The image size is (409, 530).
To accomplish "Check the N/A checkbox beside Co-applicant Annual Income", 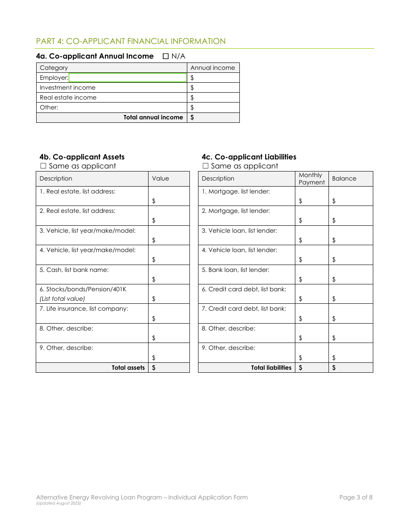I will (166, 56).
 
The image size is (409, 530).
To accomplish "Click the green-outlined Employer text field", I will (127, 78).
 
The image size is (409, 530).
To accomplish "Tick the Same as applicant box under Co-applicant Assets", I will (43, 166).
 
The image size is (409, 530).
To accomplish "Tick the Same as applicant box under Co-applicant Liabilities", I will (205, 166).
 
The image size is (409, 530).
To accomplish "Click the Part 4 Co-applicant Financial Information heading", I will (131, 41).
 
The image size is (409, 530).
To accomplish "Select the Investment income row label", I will (68, 87).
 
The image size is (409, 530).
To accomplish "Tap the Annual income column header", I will (213, 68).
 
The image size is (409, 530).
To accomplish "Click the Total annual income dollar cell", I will (213, 117).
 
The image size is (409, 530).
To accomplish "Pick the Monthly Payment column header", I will (311, 178).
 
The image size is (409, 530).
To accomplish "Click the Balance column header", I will (344, 178).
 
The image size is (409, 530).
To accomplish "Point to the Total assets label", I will (128, 368).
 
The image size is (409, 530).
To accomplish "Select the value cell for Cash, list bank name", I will (169, 274).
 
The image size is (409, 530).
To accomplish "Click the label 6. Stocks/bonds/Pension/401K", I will (83, 289).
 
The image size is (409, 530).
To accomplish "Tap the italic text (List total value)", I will (62, 299).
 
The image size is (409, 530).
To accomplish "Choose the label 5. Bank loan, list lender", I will (235, 270).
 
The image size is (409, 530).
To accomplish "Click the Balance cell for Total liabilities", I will (350, 368).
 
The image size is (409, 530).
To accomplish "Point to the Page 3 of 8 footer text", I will (356, 497).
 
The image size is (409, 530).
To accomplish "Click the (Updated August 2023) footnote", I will (59, 503).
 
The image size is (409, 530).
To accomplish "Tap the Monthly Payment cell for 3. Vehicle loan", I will (312, 236).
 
